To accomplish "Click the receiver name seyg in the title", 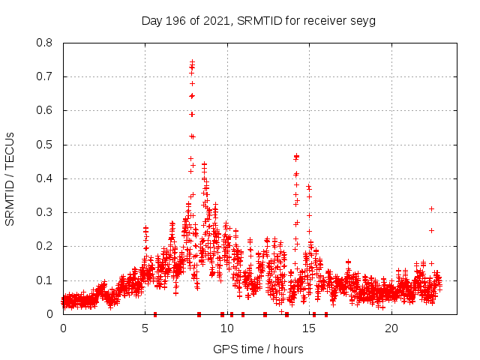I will coord(363,20).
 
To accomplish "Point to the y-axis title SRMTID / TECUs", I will coord(10,178).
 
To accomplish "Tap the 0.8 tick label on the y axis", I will coord(45,43).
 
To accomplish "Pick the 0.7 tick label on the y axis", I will coord(45,76).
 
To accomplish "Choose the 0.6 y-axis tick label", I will coord(45,110).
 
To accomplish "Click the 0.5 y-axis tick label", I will coord(45,145).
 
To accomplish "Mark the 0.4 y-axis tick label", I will coord(45,178).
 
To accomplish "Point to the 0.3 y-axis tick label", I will coord(45,212).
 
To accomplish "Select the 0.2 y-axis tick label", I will coord(45,246).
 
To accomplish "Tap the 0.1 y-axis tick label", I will coord(45,280).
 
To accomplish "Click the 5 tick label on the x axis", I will coord(145,328).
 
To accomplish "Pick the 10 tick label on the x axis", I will coord(227,328).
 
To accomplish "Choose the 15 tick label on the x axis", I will coord(309,328).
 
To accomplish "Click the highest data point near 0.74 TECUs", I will coord(192,62).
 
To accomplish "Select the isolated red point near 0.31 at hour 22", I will coord(431,208).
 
